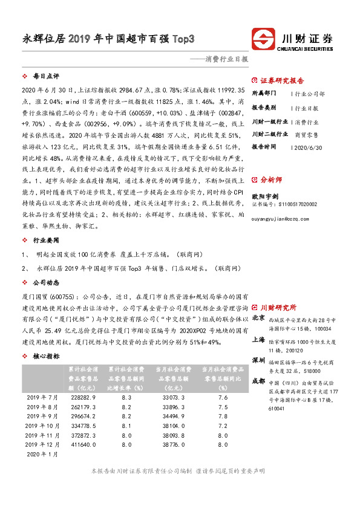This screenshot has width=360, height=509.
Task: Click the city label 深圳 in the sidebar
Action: coord(258,360)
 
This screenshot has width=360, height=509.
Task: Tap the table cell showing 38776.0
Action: coord(174,444)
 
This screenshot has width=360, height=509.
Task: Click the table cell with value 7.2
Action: coord(223,426)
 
